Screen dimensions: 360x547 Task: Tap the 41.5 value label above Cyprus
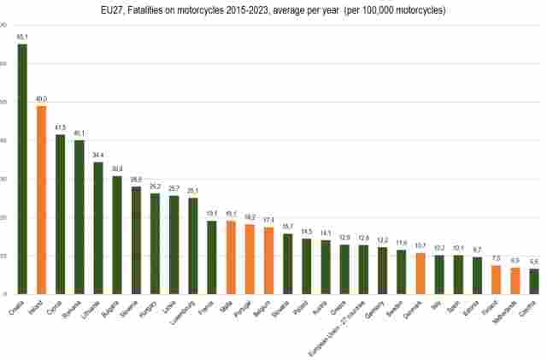[60, 127]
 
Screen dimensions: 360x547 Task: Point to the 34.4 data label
[97, 155]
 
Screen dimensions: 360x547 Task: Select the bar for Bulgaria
[117, 234]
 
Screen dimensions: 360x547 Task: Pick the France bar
[212, 257]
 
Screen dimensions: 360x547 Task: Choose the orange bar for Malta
[231, 257]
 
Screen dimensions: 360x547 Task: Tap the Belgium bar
[268, 260]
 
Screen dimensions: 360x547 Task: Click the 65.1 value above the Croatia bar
[22, 37]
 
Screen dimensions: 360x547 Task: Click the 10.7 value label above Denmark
[420, 246]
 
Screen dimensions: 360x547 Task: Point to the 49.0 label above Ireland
[41, 98]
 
